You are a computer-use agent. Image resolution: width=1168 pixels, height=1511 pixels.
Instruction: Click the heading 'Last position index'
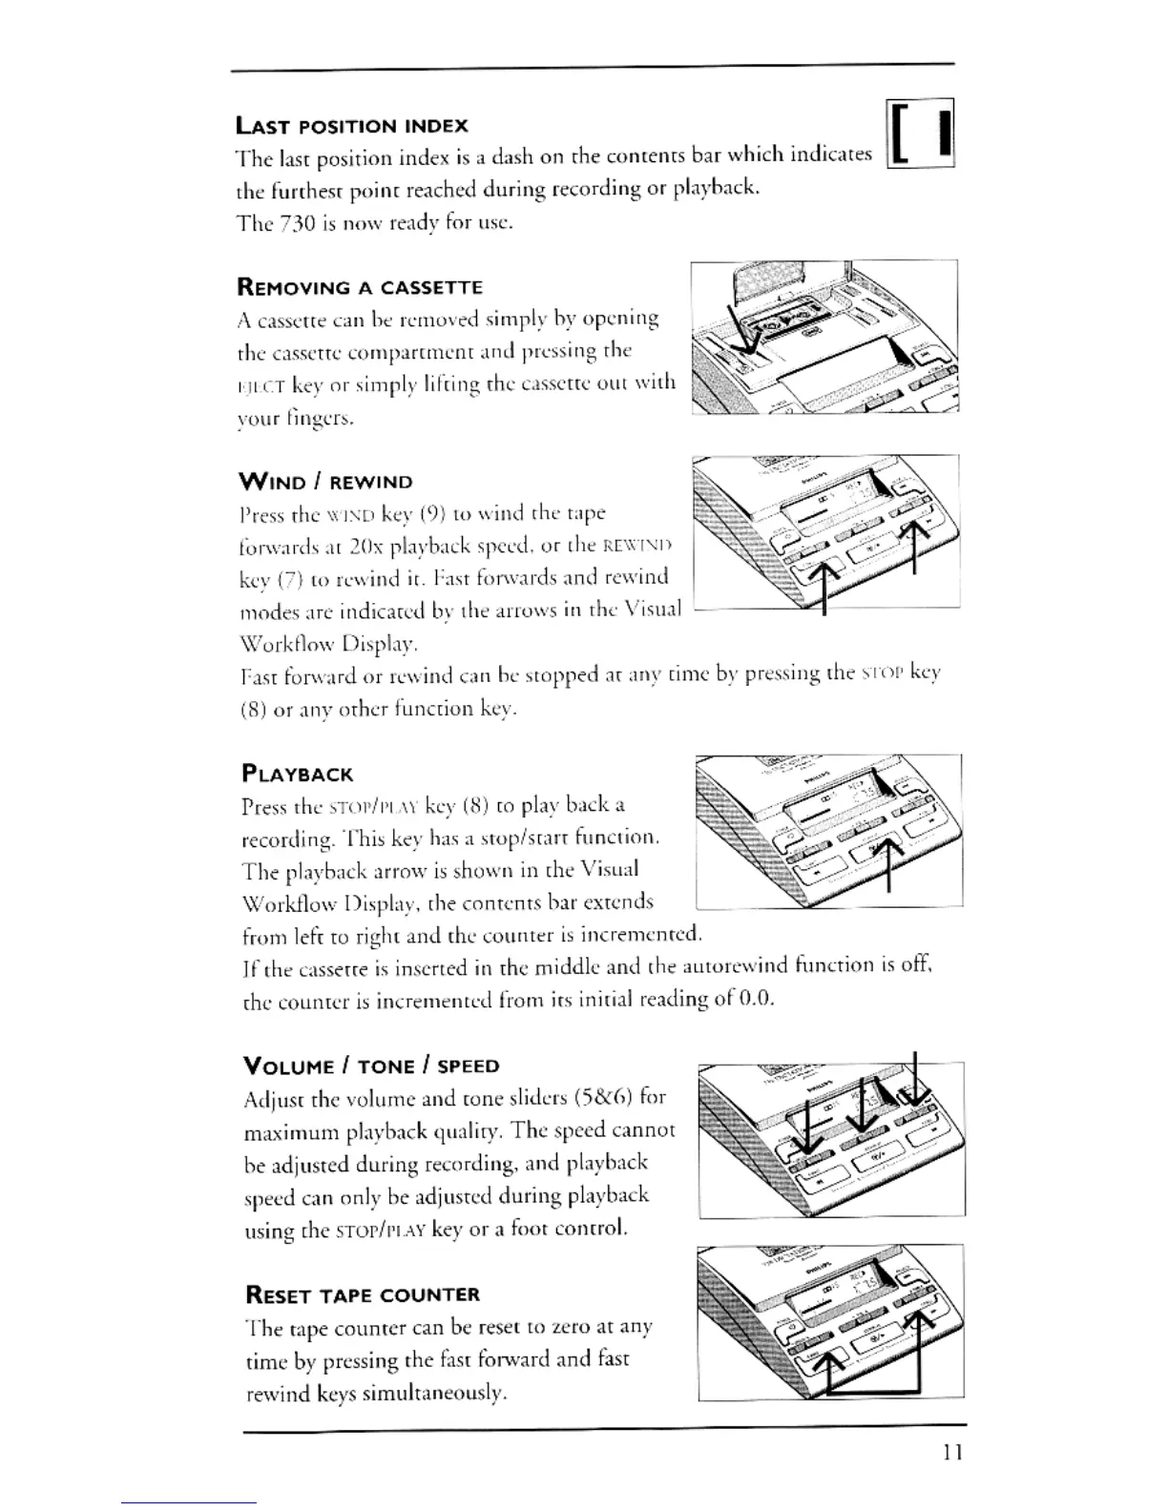pyautogui.click(x=351, y=125)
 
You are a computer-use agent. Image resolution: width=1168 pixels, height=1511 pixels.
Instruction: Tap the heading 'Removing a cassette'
pyautogui.click(x=359, y=287)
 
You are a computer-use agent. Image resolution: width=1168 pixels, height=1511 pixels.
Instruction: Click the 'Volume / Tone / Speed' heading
pyautogui.click(x=372, y=1066)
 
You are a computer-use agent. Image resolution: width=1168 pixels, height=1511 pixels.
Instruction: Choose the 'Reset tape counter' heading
pyautogui.click(x=363, y=1294)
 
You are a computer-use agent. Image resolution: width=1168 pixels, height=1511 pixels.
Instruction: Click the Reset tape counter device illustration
pyautogui.click(x=831, y=1322)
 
